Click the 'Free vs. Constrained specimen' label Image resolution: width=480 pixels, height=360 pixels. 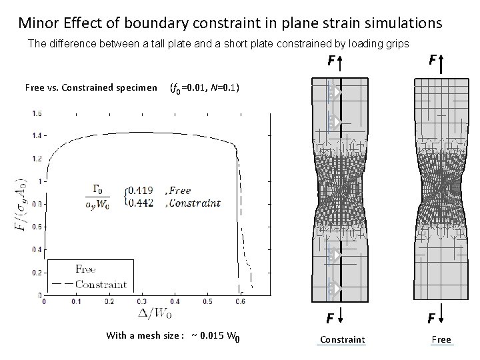[91, 87]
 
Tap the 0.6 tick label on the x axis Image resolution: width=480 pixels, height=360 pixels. [239, 301]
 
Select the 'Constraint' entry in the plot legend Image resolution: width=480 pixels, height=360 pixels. [101, 285]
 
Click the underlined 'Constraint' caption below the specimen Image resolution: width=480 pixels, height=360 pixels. [342, 340]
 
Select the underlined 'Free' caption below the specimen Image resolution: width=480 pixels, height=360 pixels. [441, 340]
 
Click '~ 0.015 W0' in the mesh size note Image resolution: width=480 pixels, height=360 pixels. [214, 335]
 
